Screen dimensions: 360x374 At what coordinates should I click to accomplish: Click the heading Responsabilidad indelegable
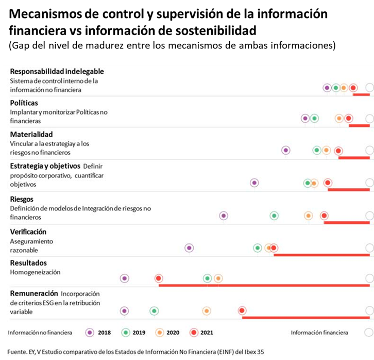pyautogui.click(x=57, y=72)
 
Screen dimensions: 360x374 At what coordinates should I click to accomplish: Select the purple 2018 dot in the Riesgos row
pyautogui.click(x=224, y=216)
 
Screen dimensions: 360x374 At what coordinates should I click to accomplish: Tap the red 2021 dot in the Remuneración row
pyautogui.click(x=242, y=310)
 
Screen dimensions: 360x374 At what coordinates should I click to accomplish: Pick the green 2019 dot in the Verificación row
pyautogui.click(x=258, y=248)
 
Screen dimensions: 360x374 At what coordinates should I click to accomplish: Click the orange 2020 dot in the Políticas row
pyautogui.click(x=339, y=119)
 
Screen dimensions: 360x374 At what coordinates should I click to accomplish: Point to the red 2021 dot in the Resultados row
pyautogui.click(x=159, y=279)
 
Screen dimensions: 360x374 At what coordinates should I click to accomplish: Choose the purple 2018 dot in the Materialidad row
pyautogui.click(x=286, y=151)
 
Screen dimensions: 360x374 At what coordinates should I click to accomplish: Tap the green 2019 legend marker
pyautogui.click(x=126, y=333)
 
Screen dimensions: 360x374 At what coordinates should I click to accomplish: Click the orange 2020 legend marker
pyautogui.click(x=159, y=333)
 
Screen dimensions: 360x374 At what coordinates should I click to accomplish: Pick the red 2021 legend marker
pyautogui.click(x=194, y=333)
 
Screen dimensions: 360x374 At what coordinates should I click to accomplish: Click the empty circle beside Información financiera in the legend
pyautogui.click(x=368, y=333)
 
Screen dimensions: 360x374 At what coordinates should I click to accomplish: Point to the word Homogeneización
pyautogui.click(x=36, y=272)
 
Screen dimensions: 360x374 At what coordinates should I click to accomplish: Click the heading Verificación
pyautogui.click(x=28, y=232)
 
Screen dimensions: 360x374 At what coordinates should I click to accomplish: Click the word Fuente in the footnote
pyautogui.click(x=18, y=352)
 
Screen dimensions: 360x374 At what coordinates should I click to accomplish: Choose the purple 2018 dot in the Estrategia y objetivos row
pyautogui.click(x=254, y=183)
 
